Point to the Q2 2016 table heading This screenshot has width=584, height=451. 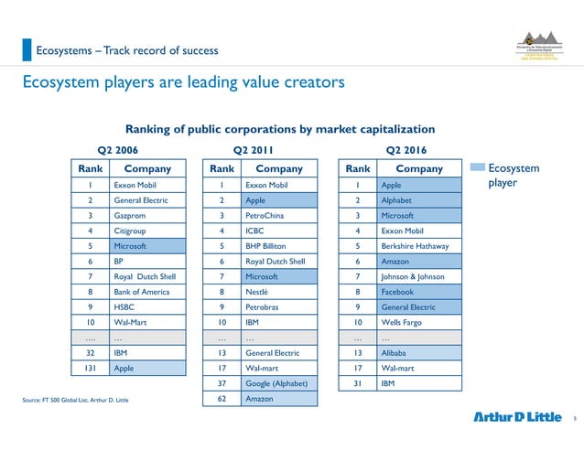406,149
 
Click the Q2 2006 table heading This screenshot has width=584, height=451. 118,149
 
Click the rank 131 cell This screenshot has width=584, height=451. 89,368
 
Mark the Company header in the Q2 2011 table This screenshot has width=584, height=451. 279,168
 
